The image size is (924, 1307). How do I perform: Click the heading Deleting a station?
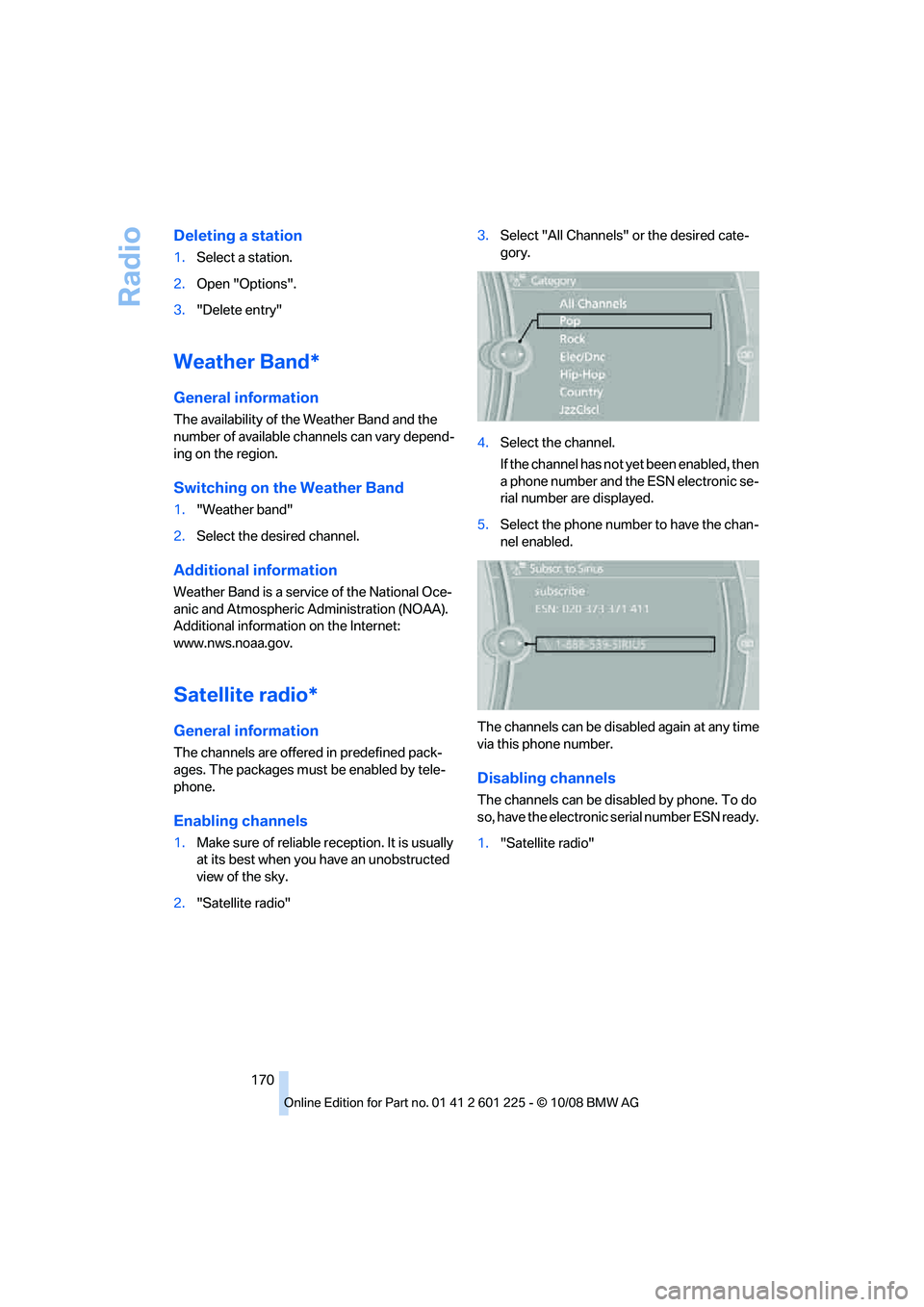pos(238,236)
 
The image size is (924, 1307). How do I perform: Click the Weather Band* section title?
pos(246,362)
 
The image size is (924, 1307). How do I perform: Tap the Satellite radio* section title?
pos(245,695)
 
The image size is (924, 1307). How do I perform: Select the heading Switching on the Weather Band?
pos(289,488)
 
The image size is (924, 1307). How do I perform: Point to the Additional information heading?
pos(255,571)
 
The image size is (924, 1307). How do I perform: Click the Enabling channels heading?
pos(241,821)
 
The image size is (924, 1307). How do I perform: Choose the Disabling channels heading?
pos(546,779)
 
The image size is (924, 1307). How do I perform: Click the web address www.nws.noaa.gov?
pos(233,643)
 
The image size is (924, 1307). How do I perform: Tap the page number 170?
pos(263,1080)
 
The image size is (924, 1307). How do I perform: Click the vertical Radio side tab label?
pos(130,267)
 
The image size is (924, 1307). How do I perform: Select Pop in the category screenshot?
pos(571,321)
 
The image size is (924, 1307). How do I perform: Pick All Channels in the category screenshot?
pos(593,304)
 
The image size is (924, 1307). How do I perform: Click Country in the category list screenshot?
pos(581,393)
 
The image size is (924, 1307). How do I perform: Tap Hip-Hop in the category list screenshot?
pos(582,374)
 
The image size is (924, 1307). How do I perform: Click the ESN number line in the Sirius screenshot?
pos(592,609)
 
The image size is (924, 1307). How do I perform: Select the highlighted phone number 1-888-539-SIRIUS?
pos(601,644)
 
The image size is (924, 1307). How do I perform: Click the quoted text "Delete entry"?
pos(239,310)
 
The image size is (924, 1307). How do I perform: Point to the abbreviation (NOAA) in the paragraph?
pos(423,609)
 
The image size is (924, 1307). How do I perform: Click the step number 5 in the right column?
pos(483,525)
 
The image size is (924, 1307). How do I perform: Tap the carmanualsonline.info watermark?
pos(781,1290)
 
